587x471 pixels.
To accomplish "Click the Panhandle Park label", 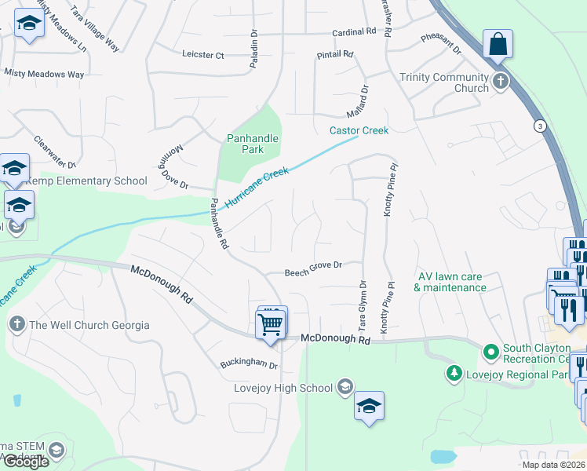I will coord(253,144).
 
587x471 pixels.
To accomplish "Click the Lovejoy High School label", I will coord(283,388).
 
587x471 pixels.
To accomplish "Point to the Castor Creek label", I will coord(359,130).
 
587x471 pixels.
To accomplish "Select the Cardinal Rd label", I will coord(355,32).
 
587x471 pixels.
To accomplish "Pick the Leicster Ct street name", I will coord(203,55).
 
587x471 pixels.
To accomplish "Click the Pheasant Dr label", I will coord(441,43).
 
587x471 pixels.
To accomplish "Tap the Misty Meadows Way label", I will coord(44,74).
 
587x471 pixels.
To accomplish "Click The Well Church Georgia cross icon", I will coord(16,324).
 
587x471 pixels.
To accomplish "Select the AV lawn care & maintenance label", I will coord(450,282).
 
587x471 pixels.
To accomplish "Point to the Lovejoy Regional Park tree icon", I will coord(453,374).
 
